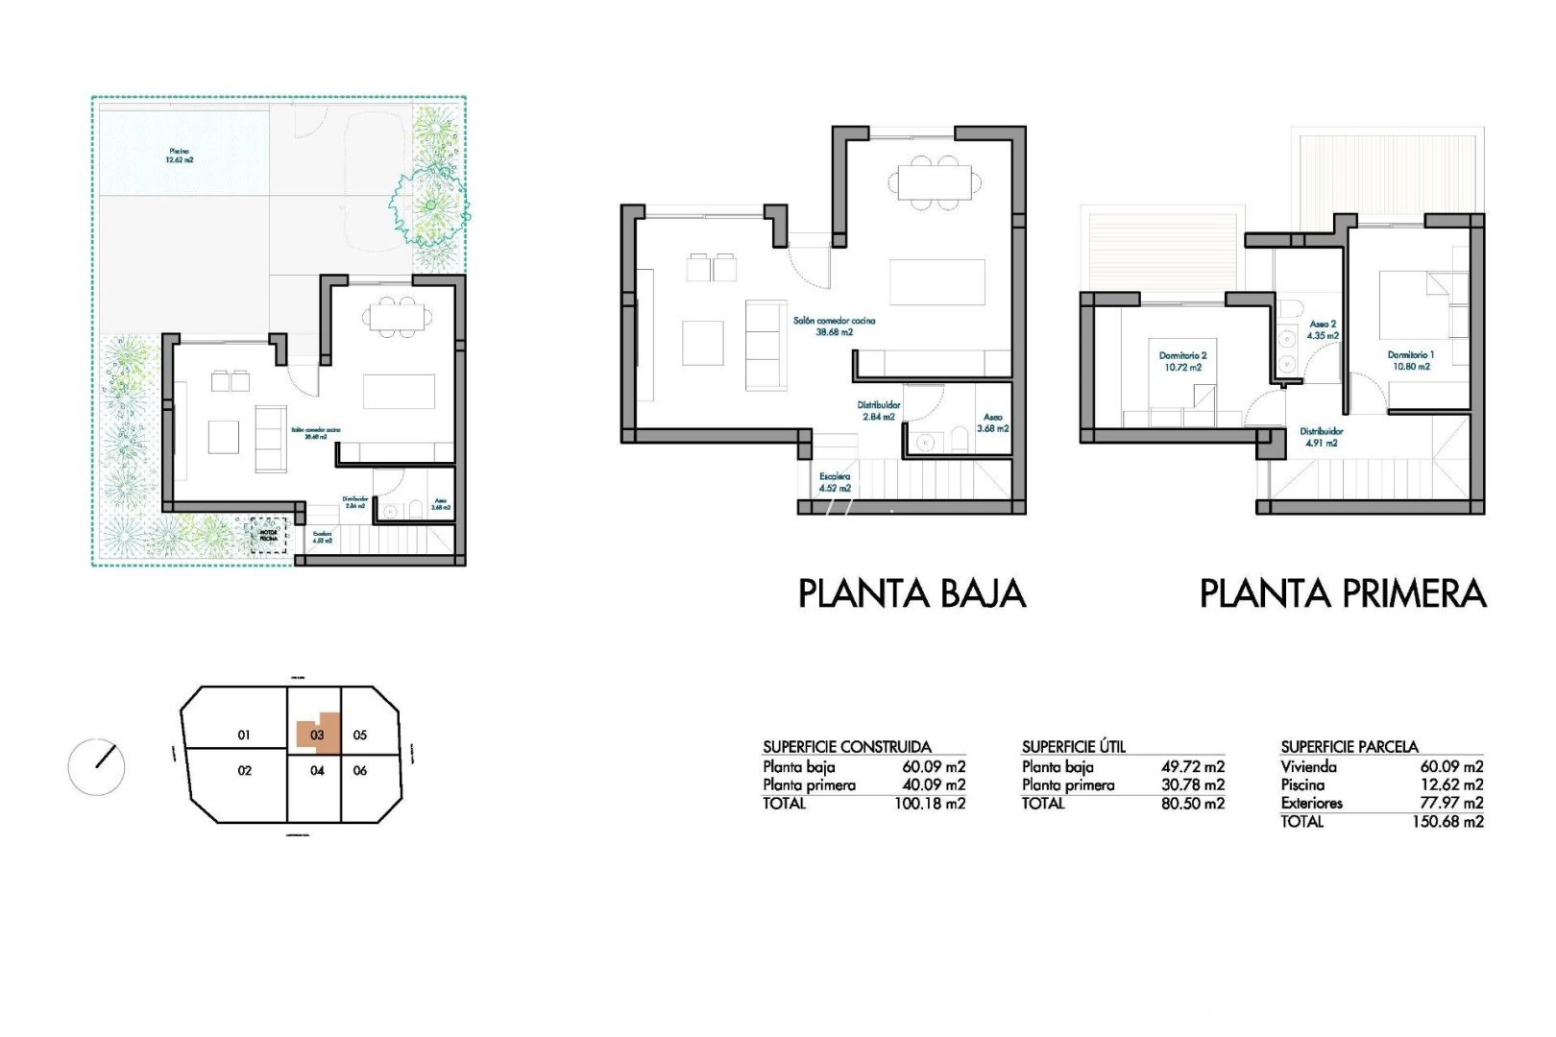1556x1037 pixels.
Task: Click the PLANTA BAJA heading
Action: click(x=912, y=593)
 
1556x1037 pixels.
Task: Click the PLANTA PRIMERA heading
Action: click(x=1342, y=593)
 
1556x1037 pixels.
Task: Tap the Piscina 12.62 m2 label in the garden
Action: click(x=180, y=156)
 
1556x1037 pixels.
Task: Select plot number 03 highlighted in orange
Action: click(x=317, y=735)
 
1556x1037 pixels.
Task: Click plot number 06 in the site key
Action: click(x=360, y=770)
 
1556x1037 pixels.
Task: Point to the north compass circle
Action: click(x=96, y=766)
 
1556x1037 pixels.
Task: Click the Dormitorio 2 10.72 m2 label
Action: click(x=1182, y=361)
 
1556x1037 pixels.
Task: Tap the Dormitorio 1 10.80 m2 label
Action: click(x=1410, y=360)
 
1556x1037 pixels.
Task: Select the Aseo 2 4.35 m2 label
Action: click(x=1323, y=330)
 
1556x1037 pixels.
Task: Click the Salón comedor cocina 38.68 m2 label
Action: click(x=834, y=326)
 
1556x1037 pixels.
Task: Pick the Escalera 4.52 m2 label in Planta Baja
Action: click(x=835, y=482)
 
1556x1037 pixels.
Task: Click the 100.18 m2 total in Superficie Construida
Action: click(x=929, y=804)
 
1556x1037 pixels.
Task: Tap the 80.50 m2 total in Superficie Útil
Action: click(x=1192, y=804)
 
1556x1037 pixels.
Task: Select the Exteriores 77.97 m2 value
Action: click(x=1451, y=803)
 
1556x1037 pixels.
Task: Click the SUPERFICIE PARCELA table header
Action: click(x=1349, y=746)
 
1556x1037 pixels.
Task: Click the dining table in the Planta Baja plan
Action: click(x=935, y=181)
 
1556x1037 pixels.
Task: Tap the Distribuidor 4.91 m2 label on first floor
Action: click(x=1321, y=437)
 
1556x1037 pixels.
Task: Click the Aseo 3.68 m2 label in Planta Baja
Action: click(x=992, y=422)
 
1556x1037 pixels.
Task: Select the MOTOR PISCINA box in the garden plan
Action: click(x=269, y=535)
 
